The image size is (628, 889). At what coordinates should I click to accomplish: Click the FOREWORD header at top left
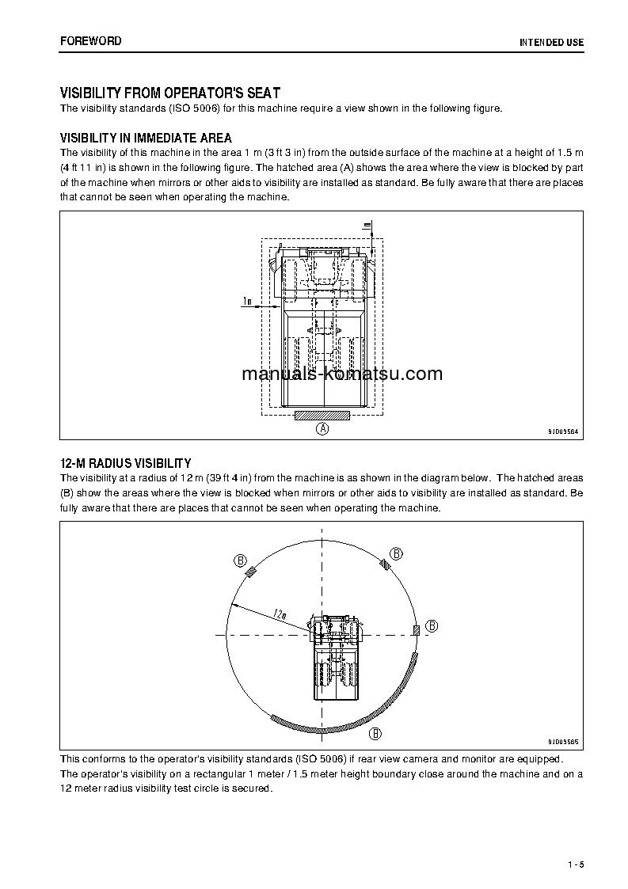[90, 40]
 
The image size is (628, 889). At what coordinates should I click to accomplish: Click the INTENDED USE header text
[551, 42]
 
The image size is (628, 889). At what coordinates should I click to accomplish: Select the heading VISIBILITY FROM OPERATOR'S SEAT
[169, 93]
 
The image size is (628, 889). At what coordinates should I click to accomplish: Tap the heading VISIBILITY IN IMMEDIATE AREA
[146, 139]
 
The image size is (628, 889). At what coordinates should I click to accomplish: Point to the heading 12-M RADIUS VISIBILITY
[125, 463]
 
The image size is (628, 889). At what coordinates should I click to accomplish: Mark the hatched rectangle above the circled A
[322, 414]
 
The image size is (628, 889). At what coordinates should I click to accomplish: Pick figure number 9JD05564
[563, 431]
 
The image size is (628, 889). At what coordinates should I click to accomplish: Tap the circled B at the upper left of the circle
[240, 560]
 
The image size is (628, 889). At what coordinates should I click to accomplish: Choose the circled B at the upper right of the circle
[398, 553]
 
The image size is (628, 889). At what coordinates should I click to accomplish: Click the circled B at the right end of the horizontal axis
[432, 626]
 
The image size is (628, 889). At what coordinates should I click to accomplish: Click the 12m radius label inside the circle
[279, 613]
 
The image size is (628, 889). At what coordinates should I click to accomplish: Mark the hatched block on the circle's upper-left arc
[251, 573]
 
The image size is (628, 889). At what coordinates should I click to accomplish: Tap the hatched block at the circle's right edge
[416, 629]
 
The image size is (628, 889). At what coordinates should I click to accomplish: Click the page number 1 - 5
[575, 864]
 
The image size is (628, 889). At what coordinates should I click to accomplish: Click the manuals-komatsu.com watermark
[342, 374]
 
